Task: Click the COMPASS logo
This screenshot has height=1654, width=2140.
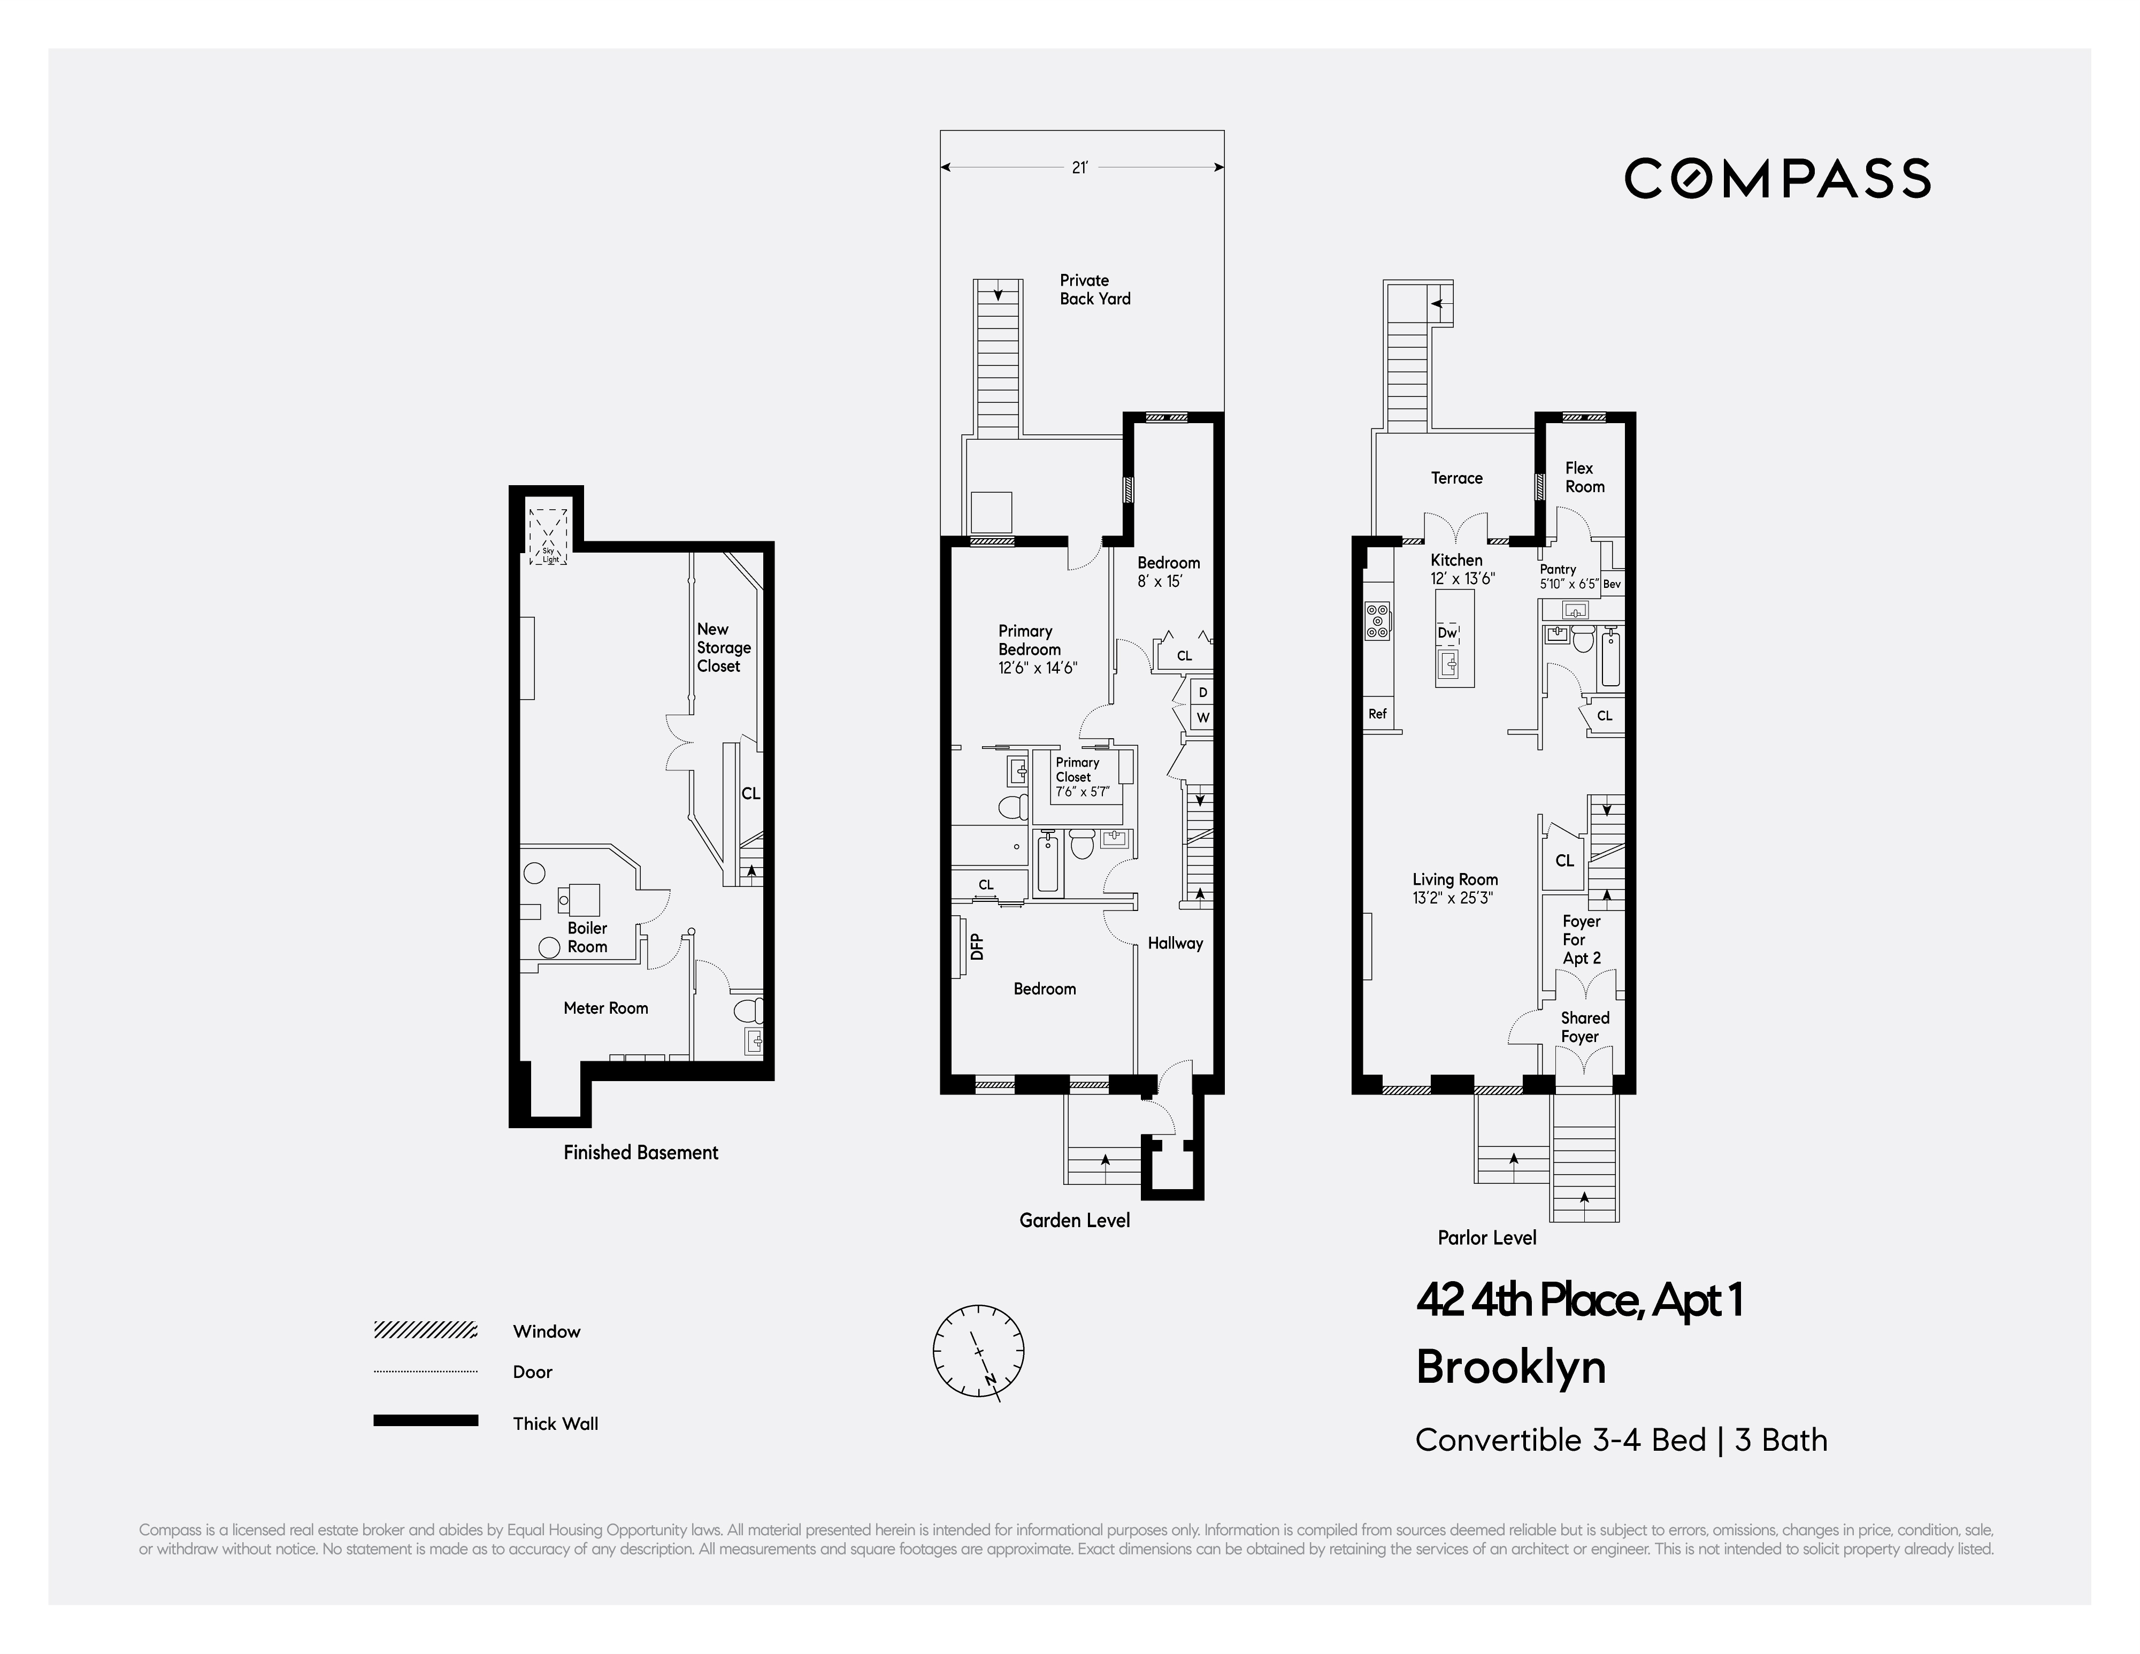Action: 1777,178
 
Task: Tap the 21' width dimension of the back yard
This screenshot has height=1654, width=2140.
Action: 1079,167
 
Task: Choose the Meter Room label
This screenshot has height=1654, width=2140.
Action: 605,1007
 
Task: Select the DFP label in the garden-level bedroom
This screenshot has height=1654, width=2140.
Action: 976,946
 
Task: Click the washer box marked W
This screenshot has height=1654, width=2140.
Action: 1202,717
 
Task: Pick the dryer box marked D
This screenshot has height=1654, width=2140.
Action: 1202,692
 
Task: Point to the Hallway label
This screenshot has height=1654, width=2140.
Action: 1175,943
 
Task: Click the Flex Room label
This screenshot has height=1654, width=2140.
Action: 1584,477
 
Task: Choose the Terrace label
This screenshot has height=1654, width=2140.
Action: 1456,478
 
